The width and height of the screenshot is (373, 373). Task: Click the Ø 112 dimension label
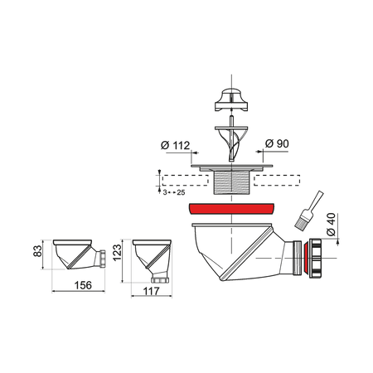[x=176, y=145]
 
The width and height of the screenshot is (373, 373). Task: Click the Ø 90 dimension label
[x=277, y=143]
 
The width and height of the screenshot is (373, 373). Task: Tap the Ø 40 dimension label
[x=331, y=225]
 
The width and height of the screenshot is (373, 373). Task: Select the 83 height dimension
[x=37, y=250]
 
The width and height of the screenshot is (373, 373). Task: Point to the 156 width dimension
[x=83, y=285]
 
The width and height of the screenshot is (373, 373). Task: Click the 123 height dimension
[x=117, y=252]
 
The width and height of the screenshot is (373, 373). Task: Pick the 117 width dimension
[x=152, y=291]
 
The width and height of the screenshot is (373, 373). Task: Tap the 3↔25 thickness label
[x=174, y=192]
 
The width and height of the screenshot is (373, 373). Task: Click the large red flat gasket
[x=231, y=209]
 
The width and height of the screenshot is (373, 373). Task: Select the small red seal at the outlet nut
[x=306, y=258]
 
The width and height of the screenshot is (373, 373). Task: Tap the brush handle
[x=316, y=201]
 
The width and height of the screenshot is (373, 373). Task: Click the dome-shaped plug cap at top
[x=231, y=99]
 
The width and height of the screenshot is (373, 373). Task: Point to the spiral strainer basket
[x=231, y=143]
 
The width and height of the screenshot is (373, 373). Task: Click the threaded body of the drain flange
[x=231, y=182]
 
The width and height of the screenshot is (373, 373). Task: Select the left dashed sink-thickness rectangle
[x=185, y=180]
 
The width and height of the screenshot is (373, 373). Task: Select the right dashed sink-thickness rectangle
[x=277, y=180]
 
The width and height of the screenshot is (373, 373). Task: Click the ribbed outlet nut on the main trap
[x=315, y=258]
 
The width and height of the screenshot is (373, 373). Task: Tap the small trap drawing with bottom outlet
[x=152, y=261]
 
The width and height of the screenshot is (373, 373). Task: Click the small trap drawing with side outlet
[x=79, y=254]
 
